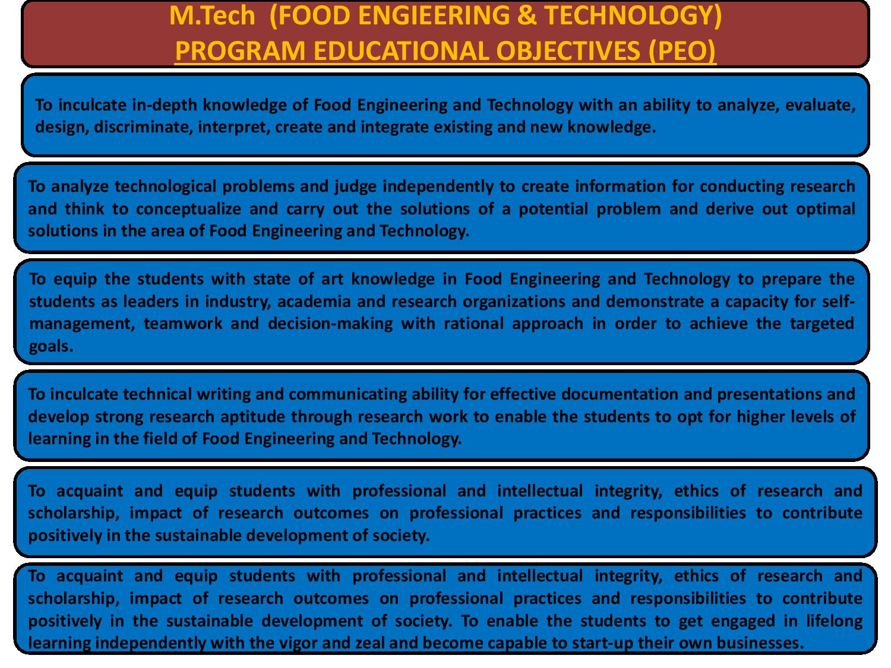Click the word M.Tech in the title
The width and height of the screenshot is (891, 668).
[212, 15]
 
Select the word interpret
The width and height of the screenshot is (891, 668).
[234, 127]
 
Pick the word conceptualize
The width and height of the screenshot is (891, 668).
[188, 209]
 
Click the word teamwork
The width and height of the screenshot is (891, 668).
[183, 324]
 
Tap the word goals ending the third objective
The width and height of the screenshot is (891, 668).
[50, 347]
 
